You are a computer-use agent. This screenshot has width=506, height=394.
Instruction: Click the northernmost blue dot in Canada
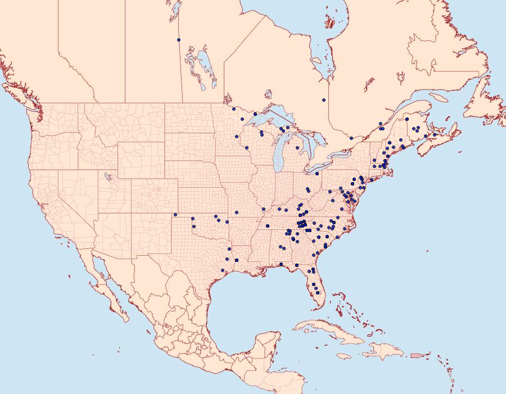pyautogui.click(x=179, y=40)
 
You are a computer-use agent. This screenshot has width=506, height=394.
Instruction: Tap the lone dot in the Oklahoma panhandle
pyautogui.click(x=175, y=214)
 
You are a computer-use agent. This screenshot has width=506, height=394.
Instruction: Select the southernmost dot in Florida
pyautogui.click(x=318, y=293)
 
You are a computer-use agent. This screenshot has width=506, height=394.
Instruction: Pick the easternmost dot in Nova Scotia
pyautogui.click(x=435, y=134)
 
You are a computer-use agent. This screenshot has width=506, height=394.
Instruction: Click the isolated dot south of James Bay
pyautogui.click(x=324, y=100)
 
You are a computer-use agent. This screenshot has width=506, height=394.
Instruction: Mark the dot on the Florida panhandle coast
pyautogui.click(x=281, y=264)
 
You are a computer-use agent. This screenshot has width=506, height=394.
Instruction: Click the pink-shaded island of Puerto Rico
pyautogui.click(x=416, y=355)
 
